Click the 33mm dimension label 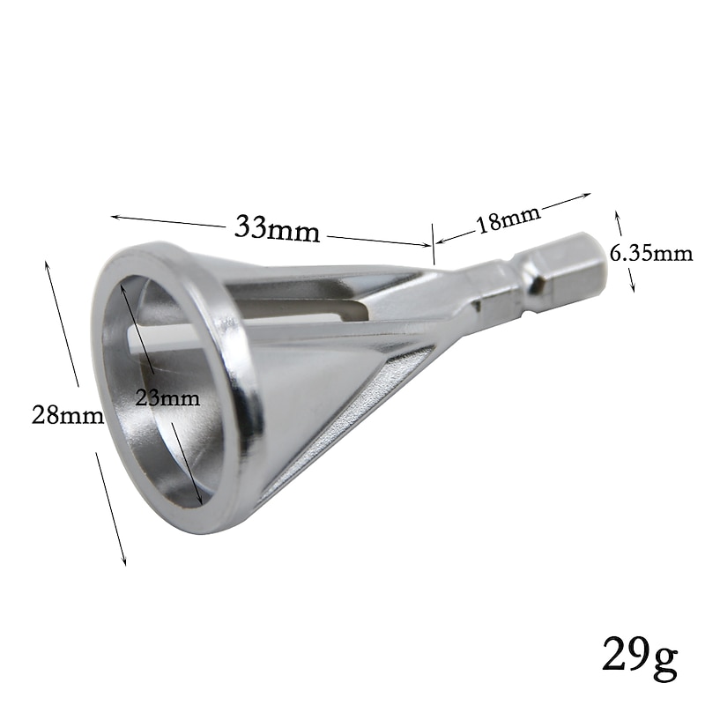pyautogui.click(x=277, y=229)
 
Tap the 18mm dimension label pyautogui.click(x=508, y=219)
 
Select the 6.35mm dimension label pyautogui.click(x=651, y=255)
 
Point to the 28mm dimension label pyautogui.click(x=68, y=415)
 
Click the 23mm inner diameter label pyautogui.click(x=167, y=398)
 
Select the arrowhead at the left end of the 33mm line pyautogui.click(x=115, y=217)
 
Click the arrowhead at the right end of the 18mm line pyautogui.click(x=587, y=195)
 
